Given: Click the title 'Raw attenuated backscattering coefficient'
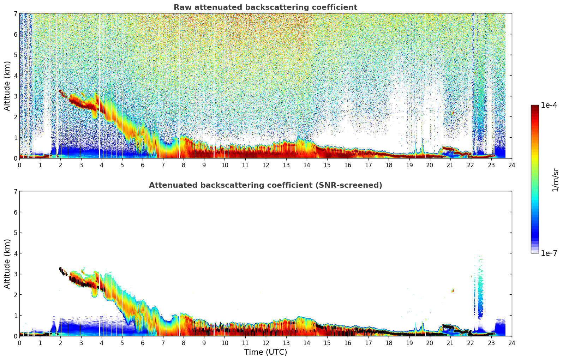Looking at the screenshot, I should [265, 7].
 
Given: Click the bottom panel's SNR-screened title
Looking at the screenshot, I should [265, 185].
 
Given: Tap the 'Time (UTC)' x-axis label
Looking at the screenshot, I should [265, 352].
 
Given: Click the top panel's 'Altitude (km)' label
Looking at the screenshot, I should [7, 86].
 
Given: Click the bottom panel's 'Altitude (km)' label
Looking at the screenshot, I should [7, 264].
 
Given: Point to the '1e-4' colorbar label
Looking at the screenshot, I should [549, 105].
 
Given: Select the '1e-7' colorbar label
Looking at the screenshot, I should [549, 253].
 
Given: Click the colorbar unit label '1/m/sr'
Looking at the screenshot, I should [555, 180].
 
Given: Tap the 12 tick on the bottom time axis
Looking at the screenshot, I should [265, 343].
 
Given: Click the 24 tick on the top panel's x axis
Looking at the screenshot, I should [512, 165].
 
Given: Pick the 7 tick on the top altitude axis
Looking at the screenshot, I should [16, 13].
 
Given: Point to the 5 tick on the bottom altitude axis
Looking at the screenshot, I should [16, 233].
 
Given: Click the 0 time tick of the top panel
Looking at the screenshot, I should [19, 165].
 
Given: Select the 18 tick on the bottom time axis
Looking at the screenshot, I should [389, 343].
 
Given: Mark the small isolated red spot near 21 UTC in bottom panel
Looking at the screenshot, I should [453, 290].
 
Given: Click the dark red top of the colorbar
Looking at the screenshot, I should [535, 107].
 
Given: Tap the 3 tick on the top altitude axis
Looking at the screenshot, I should [16, 96].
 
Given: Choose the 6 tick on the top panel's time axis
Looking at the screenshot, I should [143, 165].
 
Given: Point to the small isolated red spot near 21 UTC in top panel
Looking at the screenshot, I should [453, 113].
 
